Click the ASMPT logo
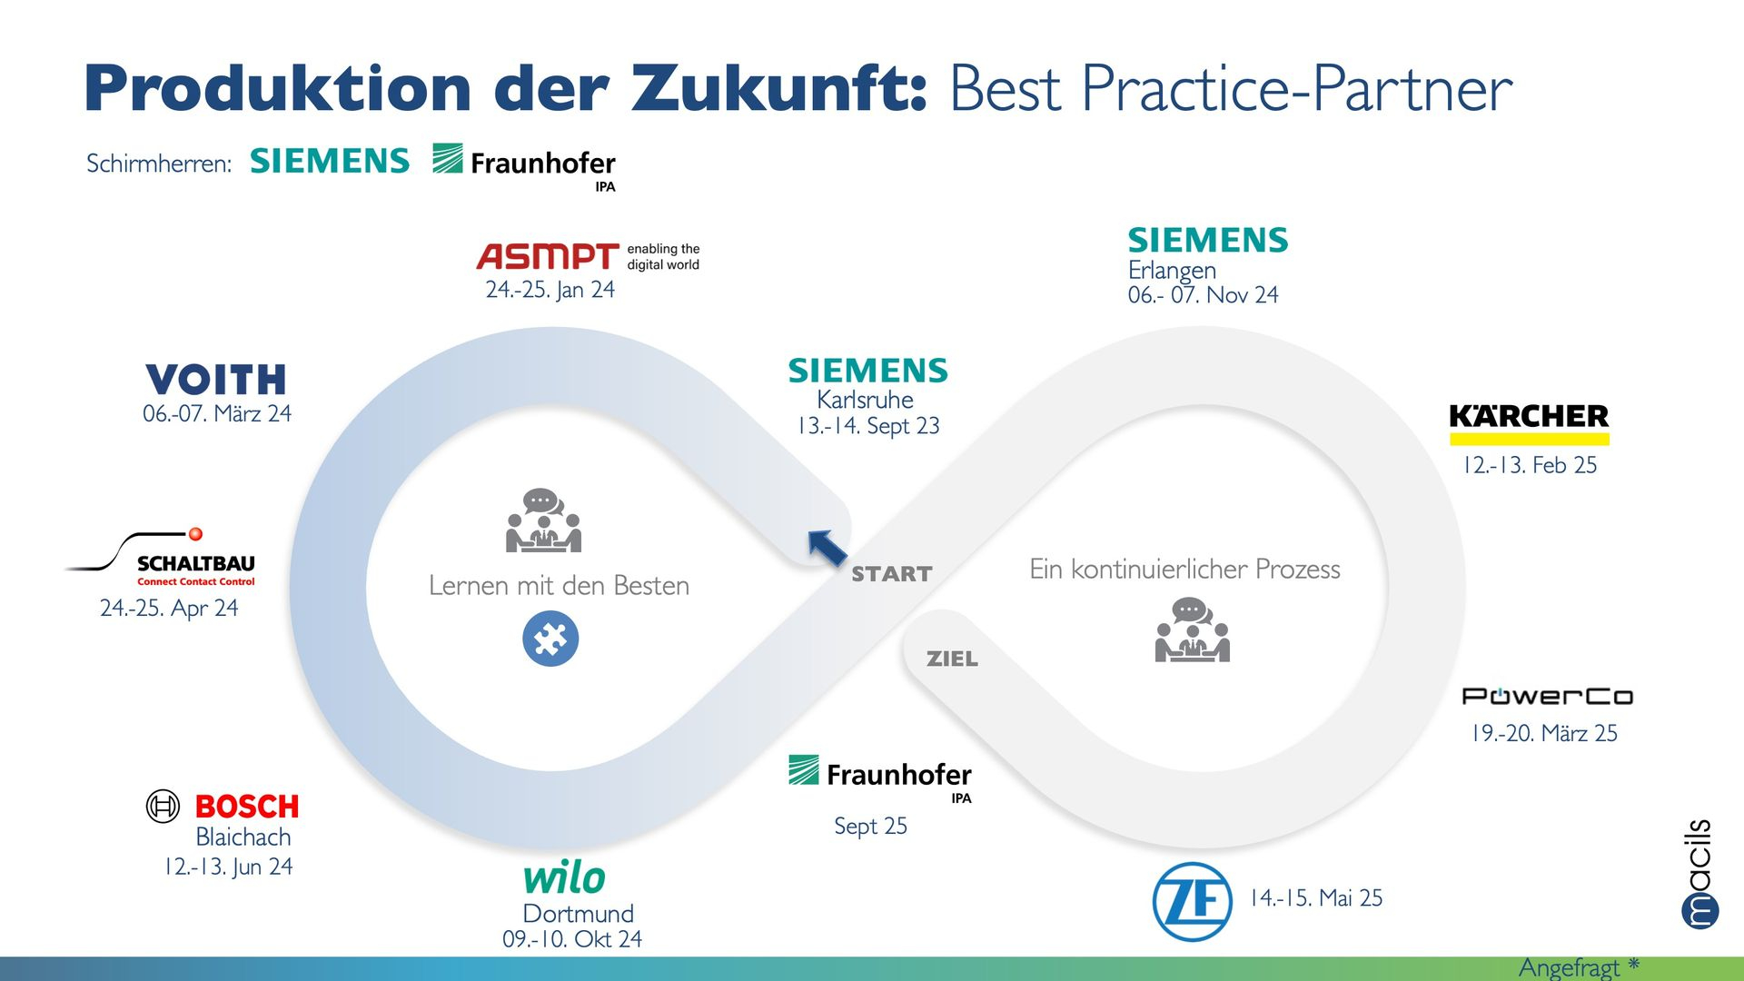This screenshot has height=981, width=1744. [x=588, y=256]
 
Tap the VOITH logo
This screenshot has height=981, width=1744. [x=216, y=380]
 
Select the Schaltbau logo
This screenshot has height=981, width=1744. [x=161, y=557]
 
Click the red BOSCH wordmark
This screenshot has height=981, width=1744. [x=247, y=807]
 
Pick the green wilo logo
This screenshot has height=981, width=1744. [x=564, y=877]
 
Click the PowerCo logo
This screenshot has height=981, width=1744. [x=1547, y=697]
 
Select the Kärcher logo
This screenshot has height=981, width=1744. [x=1529, y=424]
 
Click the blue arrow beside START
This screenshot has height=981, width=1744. [x=827, y=548]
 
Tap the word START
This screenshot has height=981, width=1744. [x=892, y=574]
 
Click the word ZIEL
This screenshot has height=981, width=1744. [x=952, y=659]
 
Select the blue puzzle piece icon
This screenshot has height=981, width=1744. [x=550, y=639]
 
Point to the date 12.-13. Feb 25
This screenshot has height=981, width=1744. [x=1529, y=465]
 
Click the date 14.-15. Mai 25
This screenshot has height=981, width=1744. [x=1316, y=898]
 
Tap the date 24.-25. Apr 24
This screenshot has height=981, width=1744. [x=169, y=609]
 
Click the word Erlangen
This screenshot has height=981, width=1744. [x=1172, y=271]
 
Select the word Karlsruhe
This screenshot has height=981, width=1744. [x=865, y=400]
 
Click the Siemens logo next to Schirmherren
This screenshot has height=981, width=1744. [x=330, y=161]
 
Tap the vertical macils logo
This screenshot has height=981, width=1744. [x=1699, y=874]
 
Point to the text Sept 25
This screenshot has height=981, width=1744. [x=870, y=827]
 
